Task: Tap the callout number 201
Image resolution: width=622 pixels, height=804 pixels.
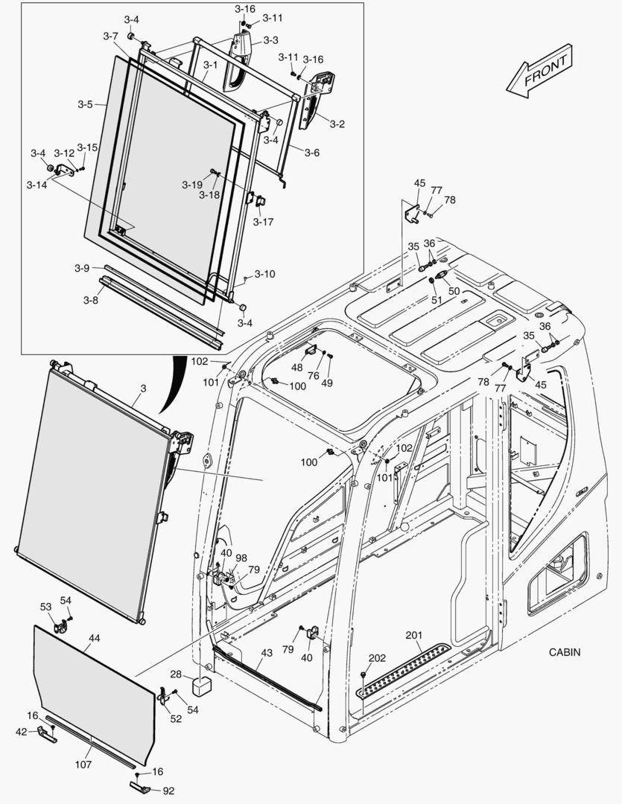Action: click(x=414, y=635)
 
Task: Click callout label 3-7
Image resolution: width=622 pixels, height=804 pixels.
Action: click(x=110, y=36)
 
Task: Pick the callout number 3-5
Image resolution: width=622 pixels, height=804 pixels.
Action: click(x=85, y=104)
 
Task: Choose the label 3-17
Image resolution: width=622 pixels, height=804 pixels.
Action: click(x=263, y=221)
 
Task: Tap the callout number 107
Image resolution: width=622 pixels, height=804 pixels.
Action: click(x=83, y=764)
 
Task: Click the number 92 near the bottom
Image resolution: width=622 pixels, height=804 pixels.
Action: click(x=168, y=791)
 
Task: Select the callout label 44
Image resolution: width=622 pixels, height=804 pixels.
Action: click(x=94, y=638)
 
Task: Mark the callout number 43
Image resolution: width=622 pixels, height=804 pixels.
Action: click(x=266, y=653)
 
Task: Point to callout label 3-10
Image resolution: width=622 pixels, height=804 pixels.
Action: click(x=264, y=274)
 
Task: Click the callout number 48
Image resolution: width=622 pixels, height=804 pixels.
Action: click(x=296, y=367)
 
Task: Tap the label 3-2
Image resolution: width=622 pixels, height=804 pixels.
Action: click(x=337, y=124)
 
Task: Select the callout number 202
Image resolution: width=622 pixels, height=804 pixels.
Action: click(x=378, y=657)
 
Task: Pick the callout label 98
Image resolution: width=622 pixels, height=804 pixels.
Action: click(x=241, y=558)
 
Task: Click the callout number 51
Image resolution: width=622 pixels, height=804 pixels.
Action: click(x=437, y=300)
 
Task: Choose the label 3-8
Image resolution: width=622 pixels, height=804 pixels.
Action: click(x=90, y=300)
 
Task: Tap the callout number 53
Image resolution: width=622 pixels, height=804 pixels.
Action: click(x=46, y=607)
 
